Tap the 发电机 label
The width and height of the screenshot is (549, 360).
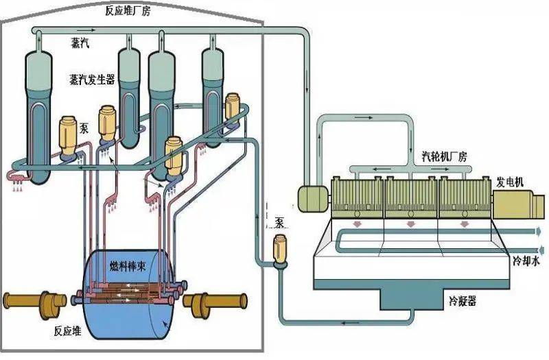point(510,182)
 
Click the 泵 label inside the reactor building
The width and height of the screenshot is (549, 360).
point(84,128)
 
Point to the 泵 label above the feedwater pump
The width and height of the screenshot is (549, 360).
point(279,221)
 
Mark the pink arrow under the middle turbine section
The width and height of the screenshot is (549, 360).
point(410,224)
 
